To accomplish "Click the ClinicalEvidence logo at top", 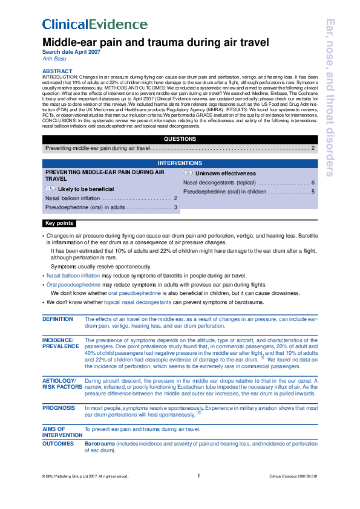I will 94,25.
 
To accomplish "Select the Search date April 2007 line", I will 71,52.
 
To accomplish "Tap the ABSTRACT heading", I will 56,71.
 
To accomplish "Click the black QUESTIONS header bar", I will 180,139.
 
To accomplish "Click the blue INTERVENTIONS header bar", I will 180,163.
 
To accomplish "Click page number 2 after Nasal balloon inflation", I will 175,198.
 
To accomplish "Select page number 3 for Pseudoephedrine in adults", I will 175,207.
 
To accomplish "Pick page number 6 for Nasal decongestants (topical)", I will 312,182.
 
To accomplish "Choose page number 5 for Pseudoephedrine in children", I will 312,192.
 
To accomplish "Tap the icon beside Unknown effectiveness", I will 188,173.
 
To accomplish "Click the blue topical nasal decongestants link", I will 137,301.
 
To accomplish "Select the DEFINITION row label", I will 57,319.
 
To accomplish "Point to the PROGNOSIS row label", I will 59,409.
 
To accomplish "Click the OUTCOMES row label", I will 58,444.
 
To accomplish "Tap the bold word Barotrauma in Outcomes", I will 99,444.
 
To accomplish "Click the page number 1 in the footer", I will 198,476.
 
